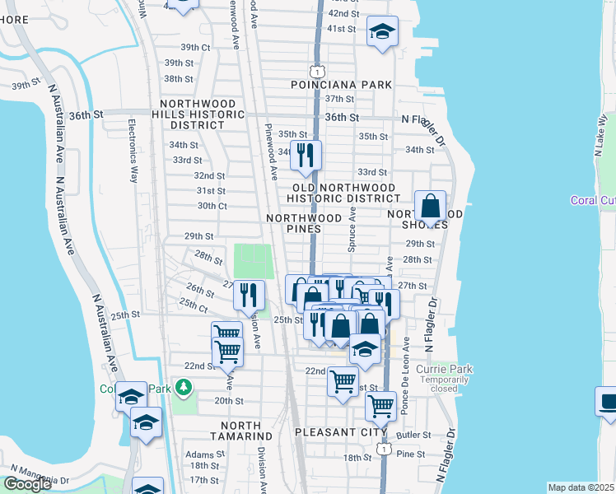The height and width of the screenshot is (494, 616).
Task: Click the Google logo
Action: click(27, 484)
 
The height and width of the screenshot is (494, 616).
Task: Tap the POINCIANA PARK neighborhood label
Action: click(341, 86)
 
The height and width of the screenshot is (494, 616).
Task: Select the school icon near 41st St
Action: click(382, 32)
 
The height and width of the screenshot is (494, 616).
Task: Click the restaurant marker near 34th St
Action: click(306, 154)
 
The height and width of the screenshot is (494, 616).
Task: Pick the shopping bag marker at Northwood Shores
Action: click(430, 208)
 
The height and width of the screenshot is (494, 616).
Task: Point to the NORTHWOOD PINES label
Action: click(303, 223)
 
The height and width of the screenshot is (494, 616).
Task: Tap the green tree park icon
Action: click(184, 386)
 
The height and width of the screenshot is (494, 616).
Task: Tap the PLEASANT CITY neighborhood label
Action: click(341, 431)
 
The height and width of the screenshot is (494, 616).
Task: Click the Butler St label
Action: click(414, 434)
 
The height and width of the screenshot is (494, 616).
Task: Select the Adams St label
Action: click(205, 454)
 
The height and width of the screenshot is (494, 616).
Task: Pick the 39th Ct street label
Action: click(180, 47)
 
